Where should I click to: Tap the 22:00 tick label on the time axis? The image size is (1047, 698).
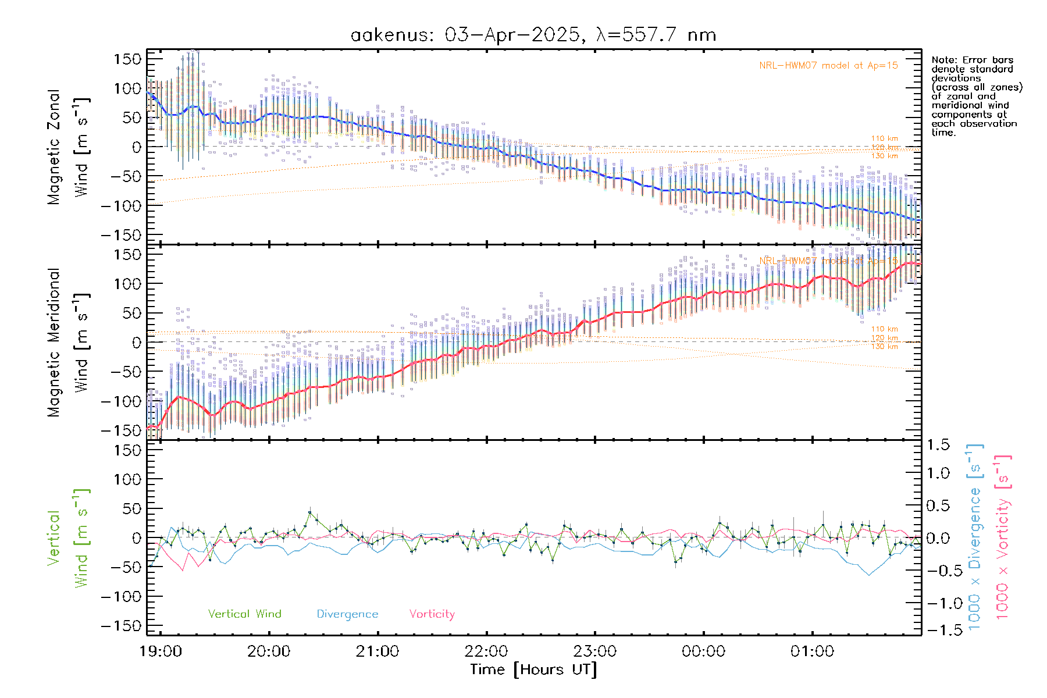[x=486, y=651]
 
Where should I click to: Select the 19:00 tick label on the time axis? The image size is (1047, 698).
[x=161, y=651]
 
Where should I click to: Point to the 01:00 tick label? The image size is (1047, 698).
[x=812, y=651]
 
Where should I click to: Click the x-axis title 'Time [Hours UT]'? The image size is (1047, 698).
[x=533, y=669]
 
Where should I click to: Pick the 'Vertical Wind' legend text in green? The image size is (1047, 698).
[x=244, y=614]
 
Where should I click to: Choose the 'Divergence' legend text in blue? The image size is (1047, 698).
[x=347, y=614]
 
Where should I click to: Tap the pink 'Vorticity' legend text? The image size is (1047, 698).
[x=432, y=614]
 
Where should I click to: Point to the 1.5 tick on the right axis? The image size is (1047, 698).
[x=938, y=445]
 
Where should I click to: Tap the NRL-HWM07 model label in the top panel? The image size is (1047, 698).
[x=828, y=66]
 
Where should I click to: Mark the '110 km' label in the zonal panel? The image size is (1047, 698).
[x=884, y=138]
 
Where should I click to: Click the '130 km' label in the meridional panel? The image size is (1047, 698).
[x=884, y=347]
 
